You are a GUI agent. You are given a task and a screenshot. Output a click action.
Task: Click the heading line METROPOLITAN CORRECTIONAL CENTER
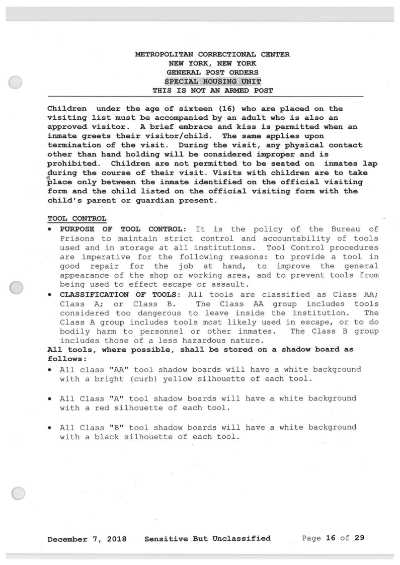pyautogui.click(x=212, y=54)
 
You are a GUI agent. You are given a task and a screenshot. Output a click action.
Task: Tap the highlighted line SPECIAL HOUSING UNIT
pyautogui.click(x=212, y=82)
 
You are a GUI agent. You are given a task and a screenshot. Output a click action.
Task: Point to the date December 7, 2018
pyautogui.click(x=87, y=539)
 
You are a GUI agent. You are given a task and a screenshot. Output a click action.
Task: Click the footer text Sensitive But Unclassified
pyautogui.click(x=207, y=539)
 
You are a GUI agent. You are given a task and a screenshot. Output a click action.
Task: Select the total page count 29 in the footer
pyautogui.click(x=359, y=538)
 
